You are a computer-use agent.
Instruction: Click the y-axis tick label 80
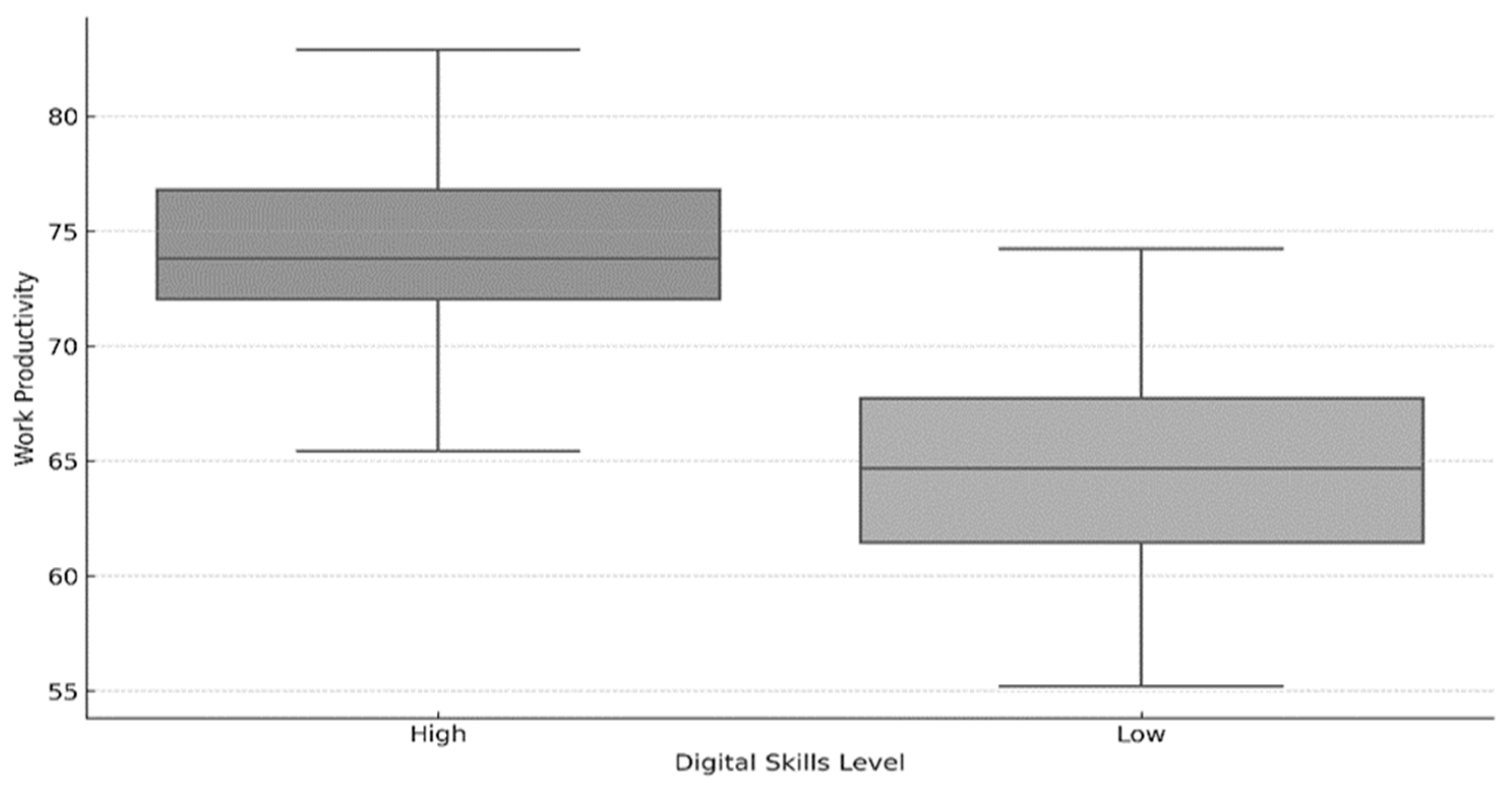pos(63,116)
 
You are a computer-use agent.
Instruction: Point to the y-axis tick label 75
pos(63,231)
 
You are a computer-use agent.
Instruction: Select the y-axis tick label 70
pos(63,346)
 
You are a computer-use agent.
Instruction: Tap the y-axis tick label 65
pos(63,461)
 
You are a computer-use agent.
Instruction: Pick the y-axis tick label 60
pos(63,576)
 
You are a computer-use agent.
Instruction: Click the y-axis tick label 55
pos(63,691)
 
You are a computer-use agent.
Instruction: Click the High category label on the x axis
pos(438,735)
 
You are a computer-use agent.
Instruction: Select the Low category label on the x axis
pos(1141,735)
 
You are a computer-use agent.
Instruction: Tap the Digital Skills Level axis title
pos(790,763)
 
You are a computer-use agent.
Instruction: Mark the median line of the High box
pos(438,258)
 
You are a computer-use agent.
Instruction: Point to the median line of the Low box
pos(1142,468)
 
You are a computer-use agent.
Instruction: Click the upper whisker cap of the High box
pos(438,50)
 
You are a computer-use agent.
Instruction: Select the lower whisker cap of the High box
pos(438,450)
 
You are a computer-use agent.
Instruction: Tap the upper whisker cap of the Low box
pos(1141,249)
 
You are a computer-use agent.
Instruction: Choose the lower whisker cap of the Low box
pos(1141,686)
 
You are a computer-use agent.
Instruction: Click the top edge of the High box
pos(438,190)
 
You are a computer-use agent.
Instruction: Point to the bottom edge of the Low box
pos(1142,542)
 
